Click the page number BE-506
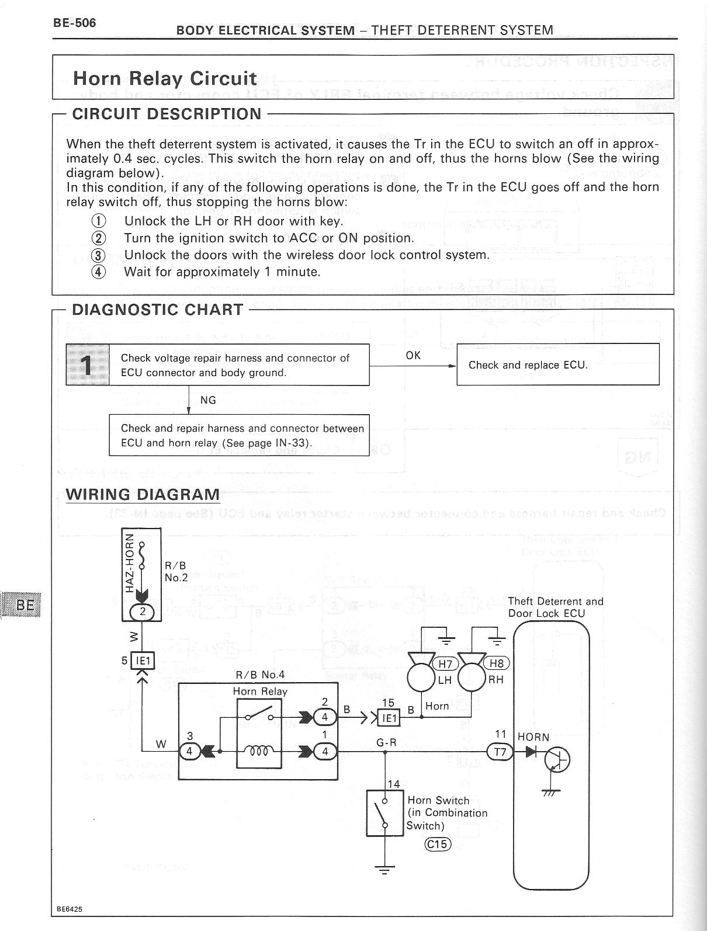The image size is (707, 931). pyautogui.click(x=74, y=23)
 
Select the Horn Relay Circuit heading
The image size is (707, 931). pyautogui.click(x=164, y=78)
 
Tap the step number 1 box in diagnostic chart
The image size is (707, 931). pyautogui.click(x=87, y=365)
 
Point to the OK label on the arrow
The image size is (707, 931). pyautogui.click(x=413, y=355)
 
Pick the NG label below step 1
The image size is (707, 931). pyautogui.click(x=208, y=400)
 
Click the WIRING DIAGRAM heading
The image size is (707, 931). pyautogui.click(x=143, y=494)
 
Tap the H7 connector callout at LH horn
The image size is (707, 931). pyautogui.click(x=446, y=663)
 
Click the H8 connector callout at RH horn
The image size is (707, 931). pyautogui.click(x=497, y=663)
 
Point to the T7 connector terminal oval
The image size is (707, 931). pyautogui.click(x=500, y=752)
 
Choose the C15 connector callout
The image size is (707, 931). pyautogui.click(x=437, y=844)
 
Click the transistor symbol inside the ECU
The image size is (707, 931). pyautogui.click(x=556, y=760)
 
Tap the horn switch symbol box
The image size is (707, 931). pyautogui.click(x=386, y=812)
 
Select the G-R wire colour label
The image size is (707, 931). pyautogui.click(x=386, y=743)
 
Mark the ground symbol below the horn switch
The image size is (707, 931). pyautogui.click(x=384, y=870)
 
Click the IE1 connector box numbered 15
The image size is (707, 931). pyautogui.click(x=390, y=718)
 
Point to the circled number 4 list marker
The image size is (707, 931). pyautogui.click(x=99, y=272)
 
